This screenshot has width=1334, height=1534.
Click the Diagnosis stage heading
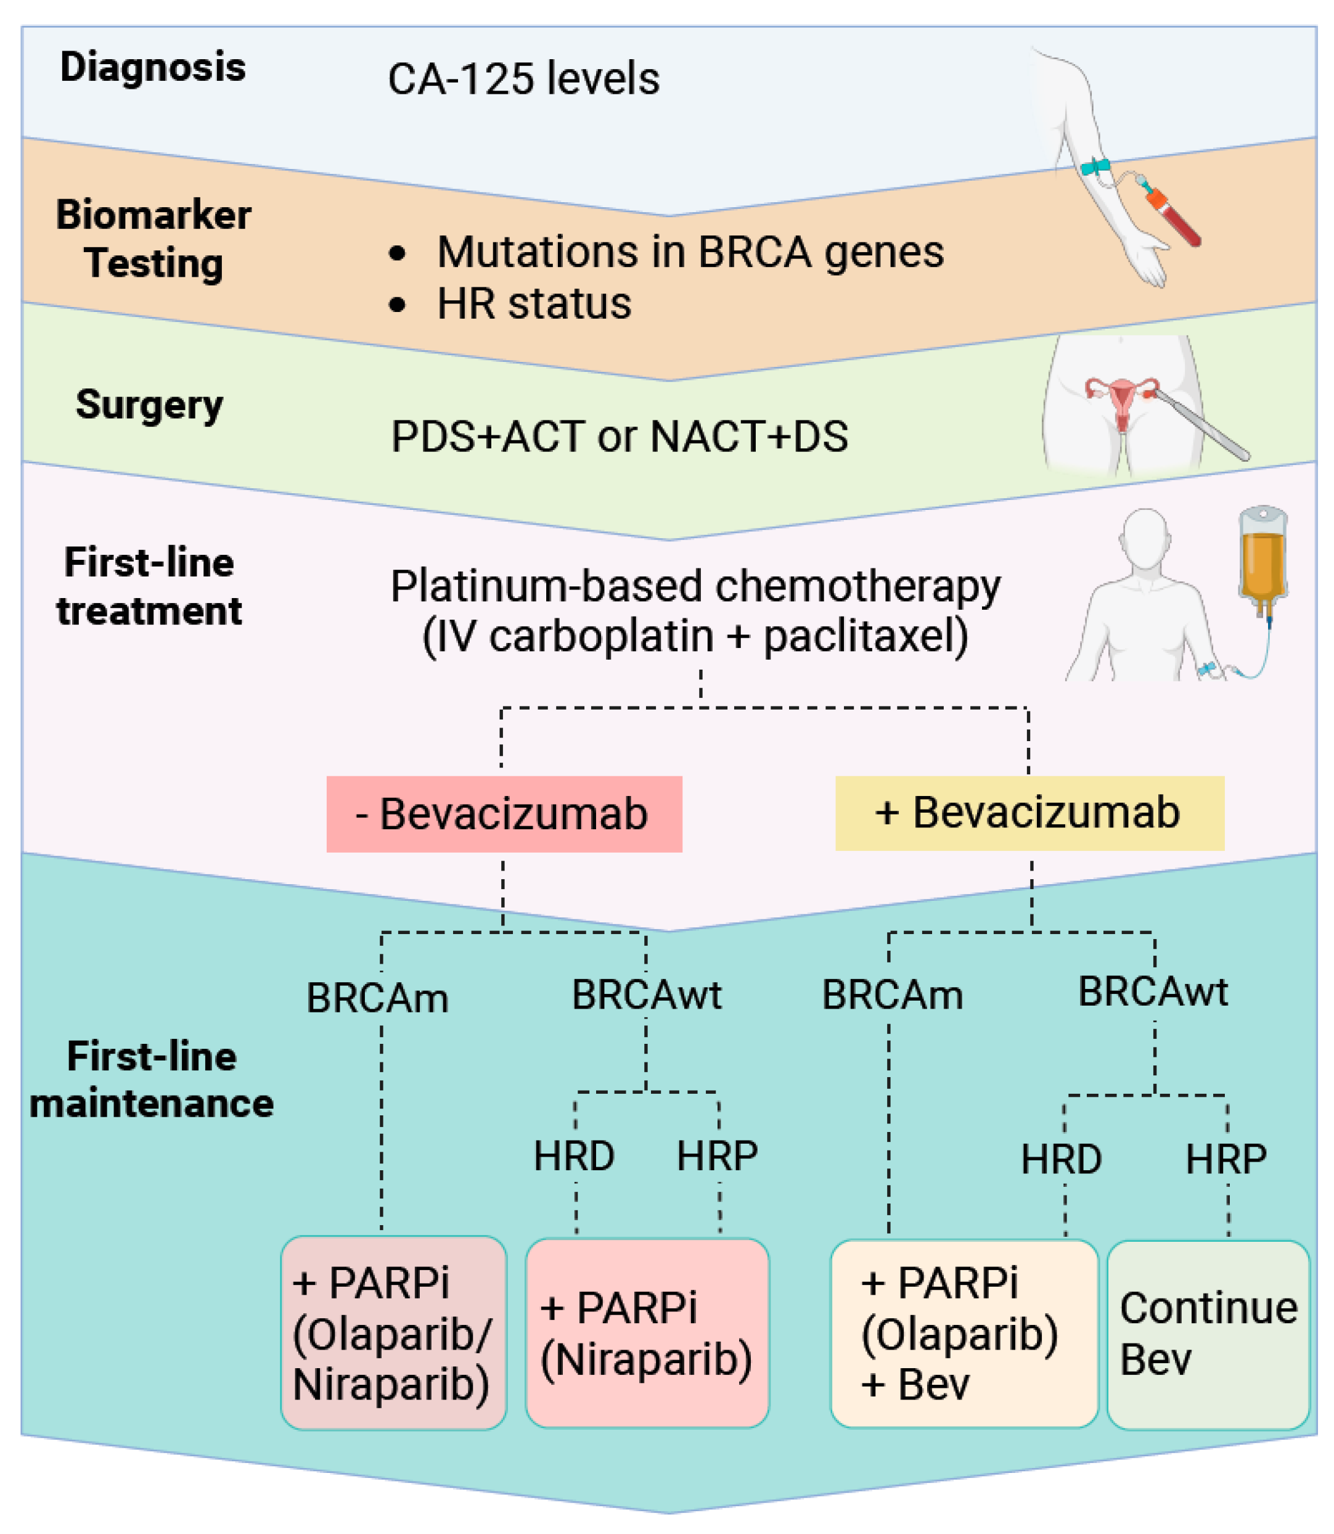(x=153, y=67)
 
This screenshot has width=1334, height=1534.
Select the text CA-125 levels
(x=523, y=78)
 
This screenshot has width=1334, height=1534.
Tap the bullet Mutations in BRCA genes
(x=689, y=252)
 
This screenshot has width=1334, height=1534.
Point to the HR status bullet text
(x=534, y=304)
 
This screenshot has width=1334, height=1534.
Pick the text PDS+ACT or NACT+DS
(x=620, y=437)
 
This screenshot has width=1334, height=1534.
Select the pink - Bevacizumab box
(x=504, y=813)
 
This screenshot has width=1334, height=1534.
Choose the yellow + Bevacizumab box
(x=1029, y=813)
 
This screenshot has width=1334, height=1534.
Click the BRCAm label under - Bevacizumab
(x=377, y=998)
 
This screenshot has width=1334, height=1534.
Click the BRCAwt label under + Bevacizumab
(x=1152, y=992)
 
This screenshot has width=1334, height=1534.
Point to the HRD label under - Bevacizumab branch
(x=574, y=1157)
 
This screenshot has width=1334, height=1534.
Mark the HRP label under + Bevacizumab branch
(x=1226, y=1159)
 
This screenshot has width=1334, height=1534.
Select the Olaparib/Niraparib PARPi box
(x=393, y=1334)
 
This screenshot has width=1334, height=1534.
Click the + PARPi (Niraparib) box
(x=647, y=1334)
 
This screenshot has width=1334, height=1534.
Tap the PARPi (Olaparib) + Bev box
(x=964, y=1334)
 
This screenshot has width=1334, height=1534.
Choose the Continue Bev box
(x=1208, y=1334)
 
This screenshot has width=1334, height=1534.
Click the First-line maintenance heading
(x=152, y=1080)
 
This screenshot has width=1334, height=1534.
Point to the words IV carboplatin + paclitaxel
(x=695, y=637)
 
